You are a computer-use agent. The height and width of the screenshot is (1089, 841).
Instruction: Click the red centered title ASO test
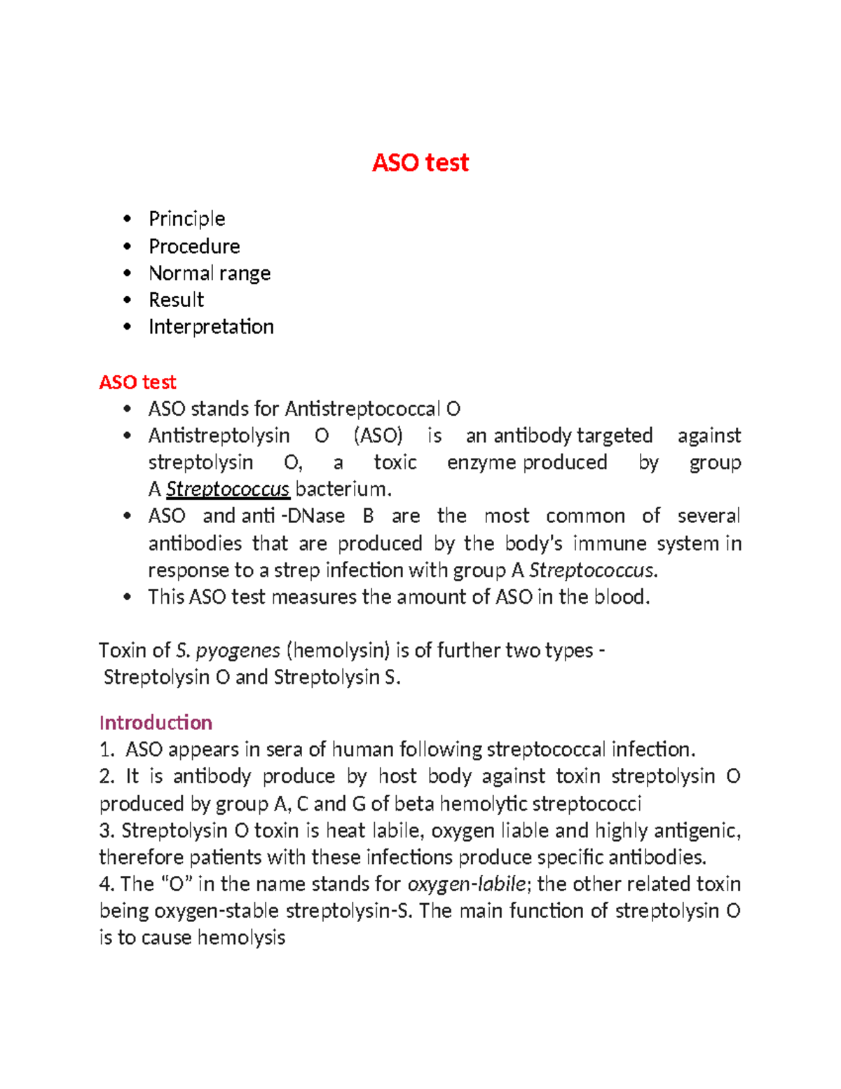[420, 163]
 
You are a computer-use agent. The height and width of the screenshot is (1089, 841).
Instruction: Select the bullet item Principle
[186, 219]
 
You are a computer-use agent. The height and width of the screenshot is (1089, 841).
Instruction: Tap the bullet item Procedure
[194, 246]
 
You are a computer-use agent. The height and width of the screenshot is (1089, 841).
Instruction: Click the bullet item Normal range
[209, 273]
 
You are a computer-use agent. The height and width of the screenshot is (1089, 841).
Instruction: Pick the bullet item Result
[176, 300]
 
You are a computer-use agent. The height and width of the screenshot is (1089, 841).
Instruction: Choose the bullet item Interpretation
[211, 327]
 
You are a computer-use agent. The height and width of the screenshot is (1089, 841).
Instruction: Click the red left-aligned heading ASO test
[137, 382]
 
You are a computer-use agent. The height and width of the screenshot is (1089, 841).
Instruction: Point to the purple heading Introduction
[156, 722]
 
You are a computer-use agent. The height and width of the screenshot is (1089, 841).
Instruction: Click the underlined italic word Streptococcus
[228, 489]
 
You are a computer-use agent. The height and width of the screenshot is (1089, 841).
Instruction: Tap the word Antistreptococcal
[362, 409]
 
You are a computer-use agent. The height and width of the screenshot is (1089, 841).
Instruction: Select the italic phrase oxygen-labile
[466, 884]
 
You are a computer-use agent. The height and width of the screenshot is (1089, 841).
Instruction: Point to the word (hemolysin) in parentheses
[338, 651]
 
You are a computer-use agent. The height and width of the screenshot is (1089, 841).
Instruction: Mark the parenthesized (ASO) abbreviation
[378, 435]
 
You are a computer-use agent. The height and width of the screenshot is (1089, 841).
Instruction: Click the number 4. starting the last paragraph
[107, 884]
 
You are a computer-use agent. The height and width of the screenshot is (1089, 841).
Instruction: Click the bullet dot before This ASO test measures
[127, 597]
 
